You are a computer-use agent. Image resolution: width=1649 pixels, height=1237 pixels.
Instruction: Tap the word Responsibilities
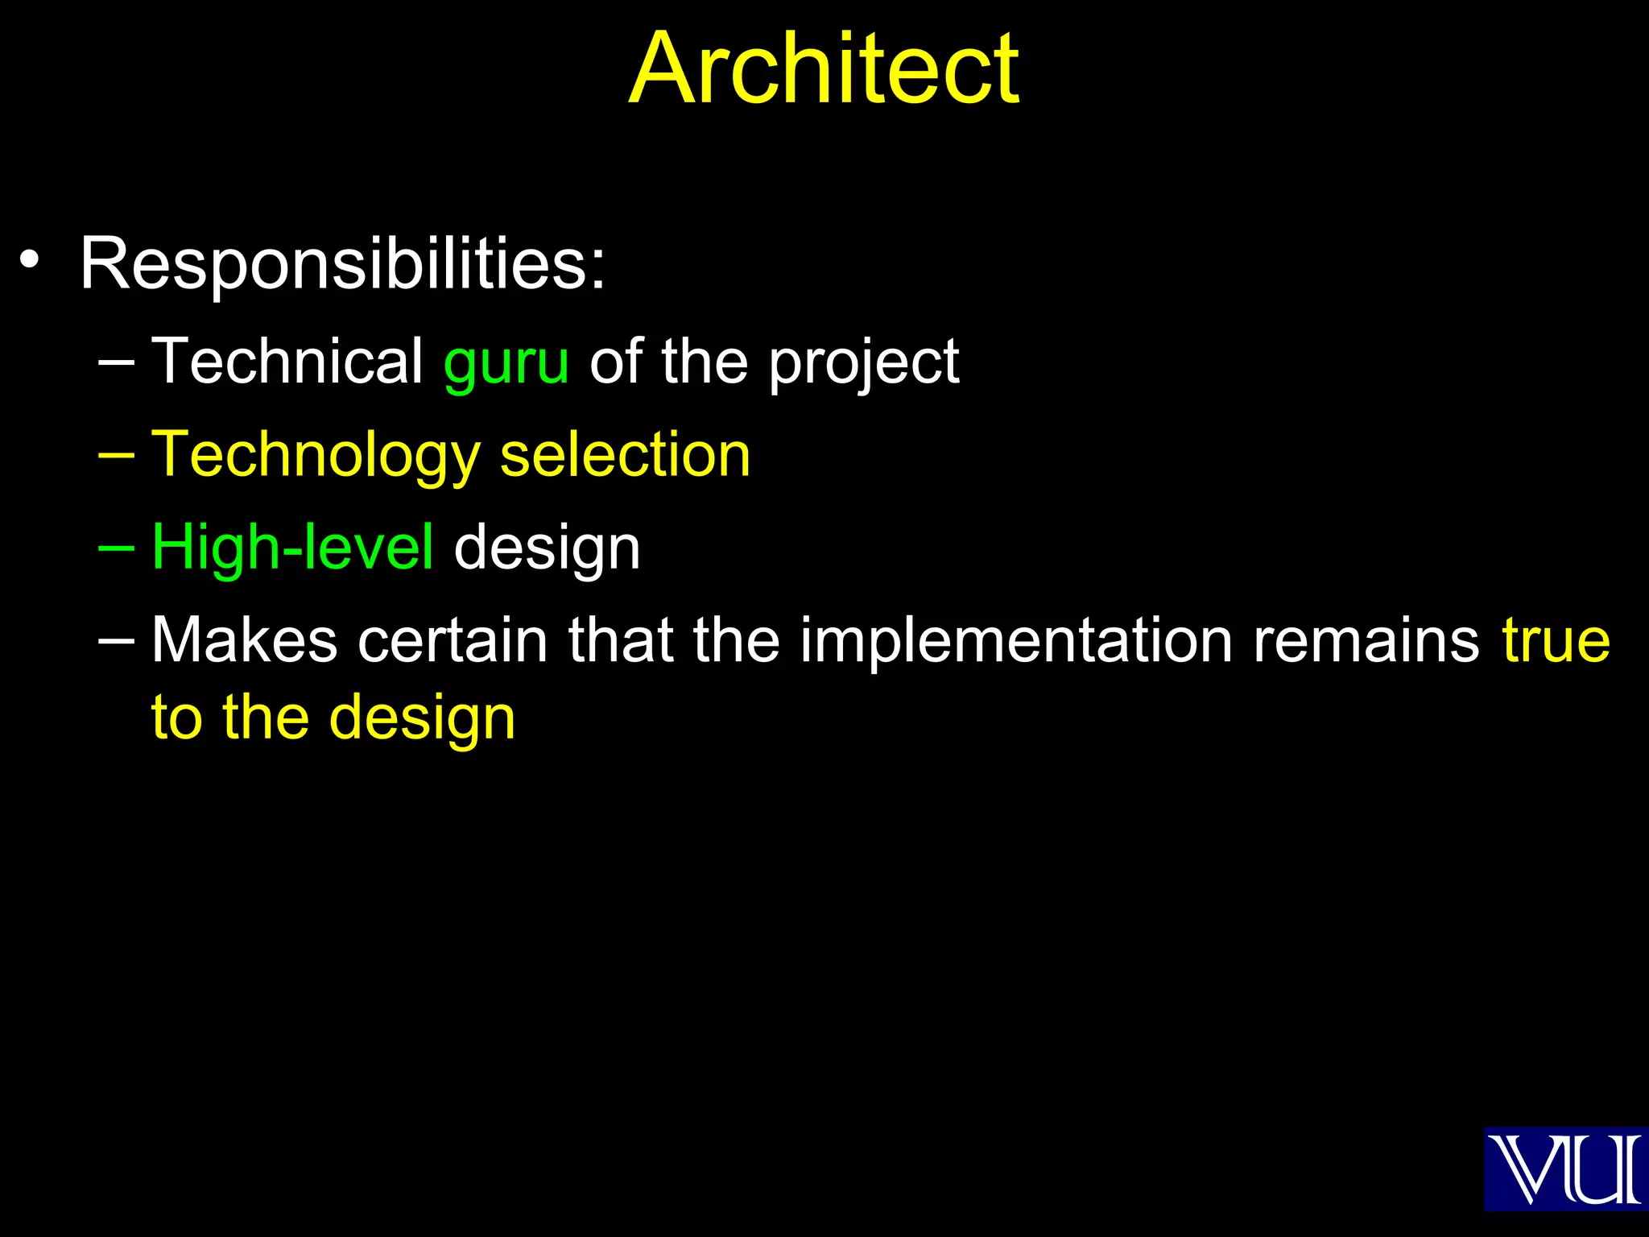click(342, 263)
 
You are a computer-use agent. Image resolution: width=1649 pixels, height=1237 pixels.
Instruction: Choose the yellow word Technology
click(315, 456)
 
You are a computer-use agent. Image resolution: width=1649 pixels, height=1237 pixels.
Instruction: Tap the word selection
click(625, 454)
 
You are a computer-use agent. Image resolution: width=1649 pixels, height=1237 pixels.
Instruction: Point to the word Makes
click(245, 640)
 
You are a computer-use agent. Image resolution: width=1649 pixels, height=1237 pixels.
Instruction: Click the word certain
click(453, 640)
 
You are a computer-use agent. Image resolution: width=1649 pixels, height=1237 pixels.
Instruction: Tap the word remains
click(1366, 640)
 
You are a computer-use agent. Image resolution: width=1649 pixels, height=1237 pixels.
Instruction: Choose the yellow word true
click(1556, 640)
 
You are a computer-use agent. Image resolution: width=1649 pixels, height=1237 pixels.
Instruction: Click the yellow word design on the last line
click(422, 718)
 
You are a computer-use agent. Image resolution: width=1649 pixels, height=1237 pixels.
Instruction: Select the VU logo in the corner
click(1565, 1169)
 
